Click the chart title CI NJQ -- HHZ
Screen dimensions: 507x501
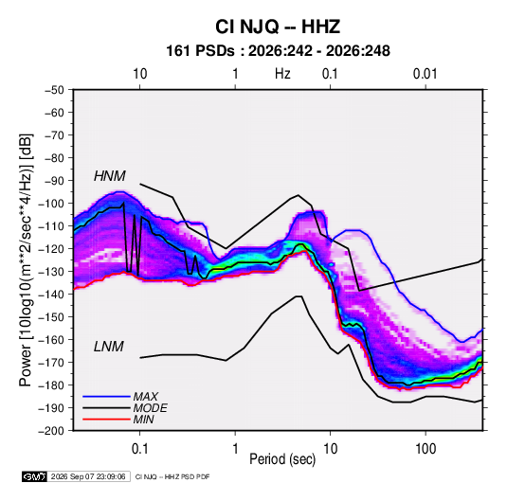(x=278, y=27)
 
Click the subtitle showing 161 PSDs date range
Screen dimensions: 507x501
(x=278, y=51)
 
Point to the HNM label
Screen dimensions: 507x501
(x=110, y=176)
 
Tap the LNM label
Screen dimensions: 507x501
(x=109, y=347)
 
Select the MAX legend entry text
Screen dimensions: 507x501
(x=146, y=397)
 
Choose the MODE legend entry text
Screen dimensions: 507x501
(x=150, y=408)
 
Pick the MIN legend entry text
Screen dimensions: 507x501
(x=143, y=420)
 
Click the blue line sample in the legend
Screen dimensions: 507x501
(x=106, y=397)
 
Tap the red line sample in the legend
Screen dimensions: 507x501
(x=106, y=420)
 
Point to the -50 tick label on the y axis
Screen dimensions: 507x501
(x=54, y=90)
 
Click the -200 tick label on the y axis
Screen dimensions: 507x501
(x=51, y=431)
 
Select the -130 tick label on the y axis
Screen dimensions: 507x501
(x=51, y=272)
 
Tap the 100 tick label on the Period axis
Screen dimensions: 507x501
(x=426, y=449)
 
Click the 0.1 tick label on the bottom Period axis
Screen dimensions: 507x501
(x=139, y=449)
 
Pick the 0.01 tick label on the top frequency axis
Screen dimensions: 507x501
(x=426, y=74)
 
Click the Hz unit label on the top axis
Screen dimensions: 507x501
(x=282, y=74)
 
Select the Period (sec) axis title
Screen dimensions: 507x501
(x=282, y=459)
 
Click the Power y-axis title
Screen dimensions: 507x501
(x=26, y=260)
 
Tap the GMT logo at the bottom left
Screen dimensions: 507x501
(x=35, y=476)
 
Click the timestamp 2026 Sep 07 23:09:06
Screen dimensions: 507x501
(x=88, y=476)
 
